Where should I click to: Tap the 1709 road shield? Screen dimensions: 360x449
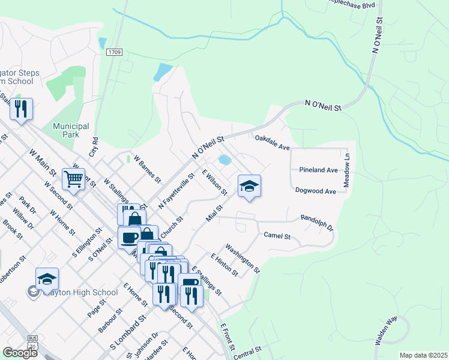[115, 52]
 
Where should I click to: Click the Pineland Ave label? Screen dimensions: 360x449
[318, 170]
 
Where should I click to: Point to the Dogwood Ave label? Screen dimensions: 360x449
[315, 191]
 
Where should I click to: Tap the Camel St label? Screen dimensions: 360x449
[277, 236]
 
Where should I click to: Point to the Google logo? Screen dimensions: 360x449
[20, 352]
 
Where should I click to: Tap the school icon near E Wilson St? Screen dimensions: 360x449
[249, 186]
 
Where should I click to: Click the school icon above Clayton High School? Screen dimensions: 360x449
[47, 279]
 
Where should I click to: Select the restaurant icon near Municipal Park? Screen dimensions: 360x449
[21, 109]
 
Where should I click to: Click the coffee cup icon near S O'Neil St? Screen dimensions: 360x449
[129, 238]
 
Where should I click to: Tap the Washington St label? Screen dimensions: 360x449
[243, 259]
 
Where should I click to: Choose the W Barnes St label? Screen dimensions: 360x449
[148, 170]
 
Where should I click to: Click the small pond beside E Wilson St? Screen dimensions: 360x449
[224, 160]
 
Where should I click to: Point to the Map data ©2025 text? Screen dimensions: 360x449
[423, 355]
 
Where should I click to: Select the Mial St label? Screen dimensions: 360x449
[214, 212]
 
